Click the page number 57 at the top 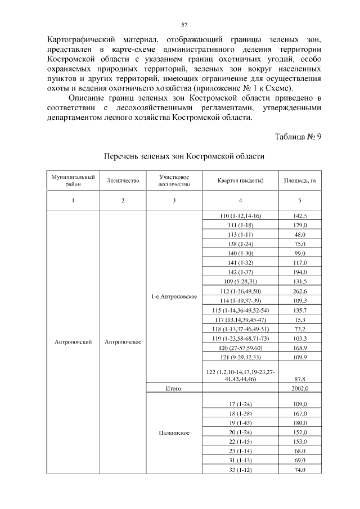pos(184,25)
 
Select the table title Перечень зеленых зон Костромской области pos(184,155)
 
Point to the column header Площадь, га pos(300,181)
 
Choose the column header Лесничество pos(123,181)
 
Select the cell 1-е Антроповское pos(174,296)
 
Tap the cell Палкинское pos(174,433)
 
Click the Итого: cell pos(174,388)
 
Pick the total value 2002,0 pos(300,388)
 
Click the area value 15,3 pos(300,319)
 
